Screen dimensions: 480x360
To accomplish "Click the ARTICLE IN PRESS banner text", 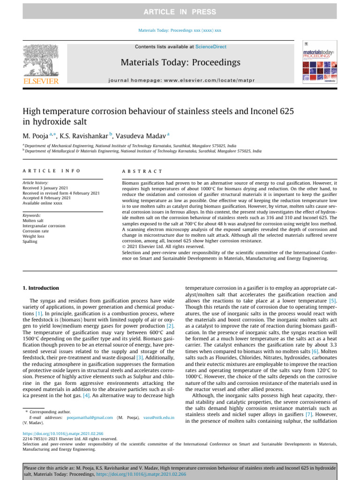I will pos(180,12).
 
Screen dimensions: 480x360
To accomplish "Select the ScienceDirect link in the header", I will pos(210,47).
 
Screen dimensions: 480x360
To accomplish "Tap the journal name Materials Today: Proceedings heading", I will pos(180,62).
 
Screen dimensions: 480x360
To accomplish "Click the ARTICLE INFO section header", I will pos(52,172).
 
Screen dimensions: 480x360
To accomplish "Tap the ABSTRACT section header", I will pos(142,172).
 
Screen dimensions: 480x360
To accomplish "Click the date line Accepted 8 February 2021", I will pos(47,198).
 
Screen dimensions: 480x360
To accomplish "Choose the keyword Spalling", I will pos(30,242).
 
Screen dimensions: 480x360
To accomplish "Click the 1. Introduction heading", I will pos(41,288).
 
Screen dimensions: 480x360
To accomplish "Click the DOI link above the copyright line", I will pos(63,434).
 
